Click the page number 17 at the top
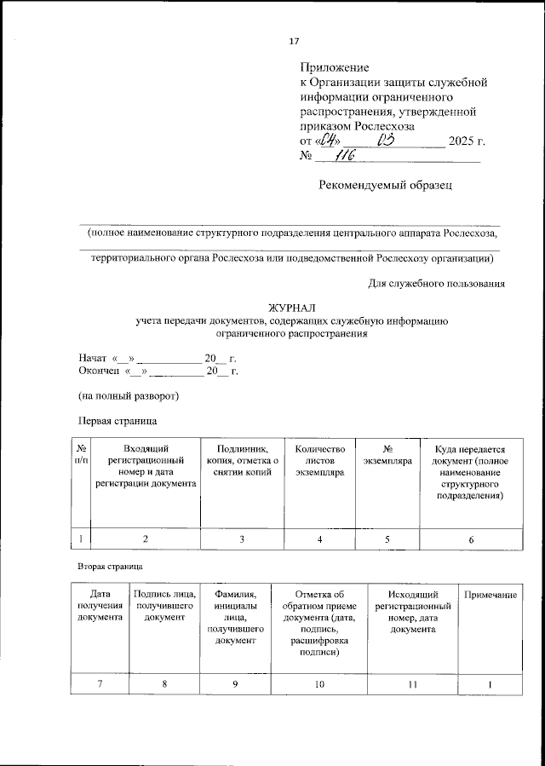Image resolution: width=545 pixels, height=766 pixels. (295, 41)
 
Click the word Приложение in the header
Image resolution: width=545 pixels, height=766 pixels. (334, 67)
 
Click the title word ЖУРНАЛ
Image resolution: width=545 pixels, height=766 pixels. (291, 308)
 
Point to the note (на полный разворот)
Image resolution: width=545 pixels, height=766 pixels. (128, 395)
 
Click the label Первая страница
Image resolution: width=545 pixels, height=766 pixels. (118, 419)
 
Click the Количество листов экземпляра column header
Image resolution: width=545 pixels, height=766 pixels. (319, 461)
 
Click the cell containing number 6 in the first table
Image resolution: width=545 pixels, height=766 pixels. (471, 539)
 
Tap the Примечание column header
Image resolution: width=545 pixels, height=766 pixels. (489, 593)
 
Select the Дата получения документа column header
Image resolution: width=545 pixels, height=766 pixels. (100, 605)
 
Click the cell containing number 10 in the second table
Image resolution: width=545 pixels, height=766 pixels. (319, 684)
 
